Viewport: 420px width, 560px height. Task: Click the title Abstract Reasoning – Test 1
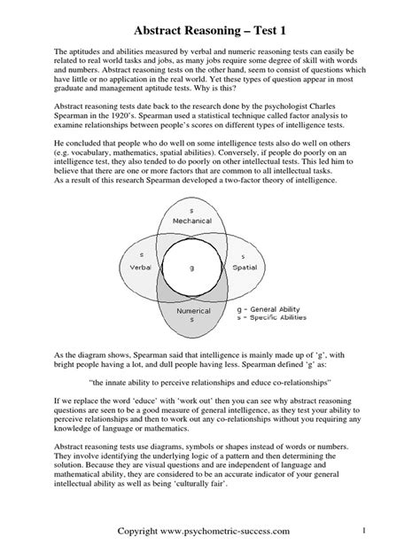pyautogui.click(x=209, y=18)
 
